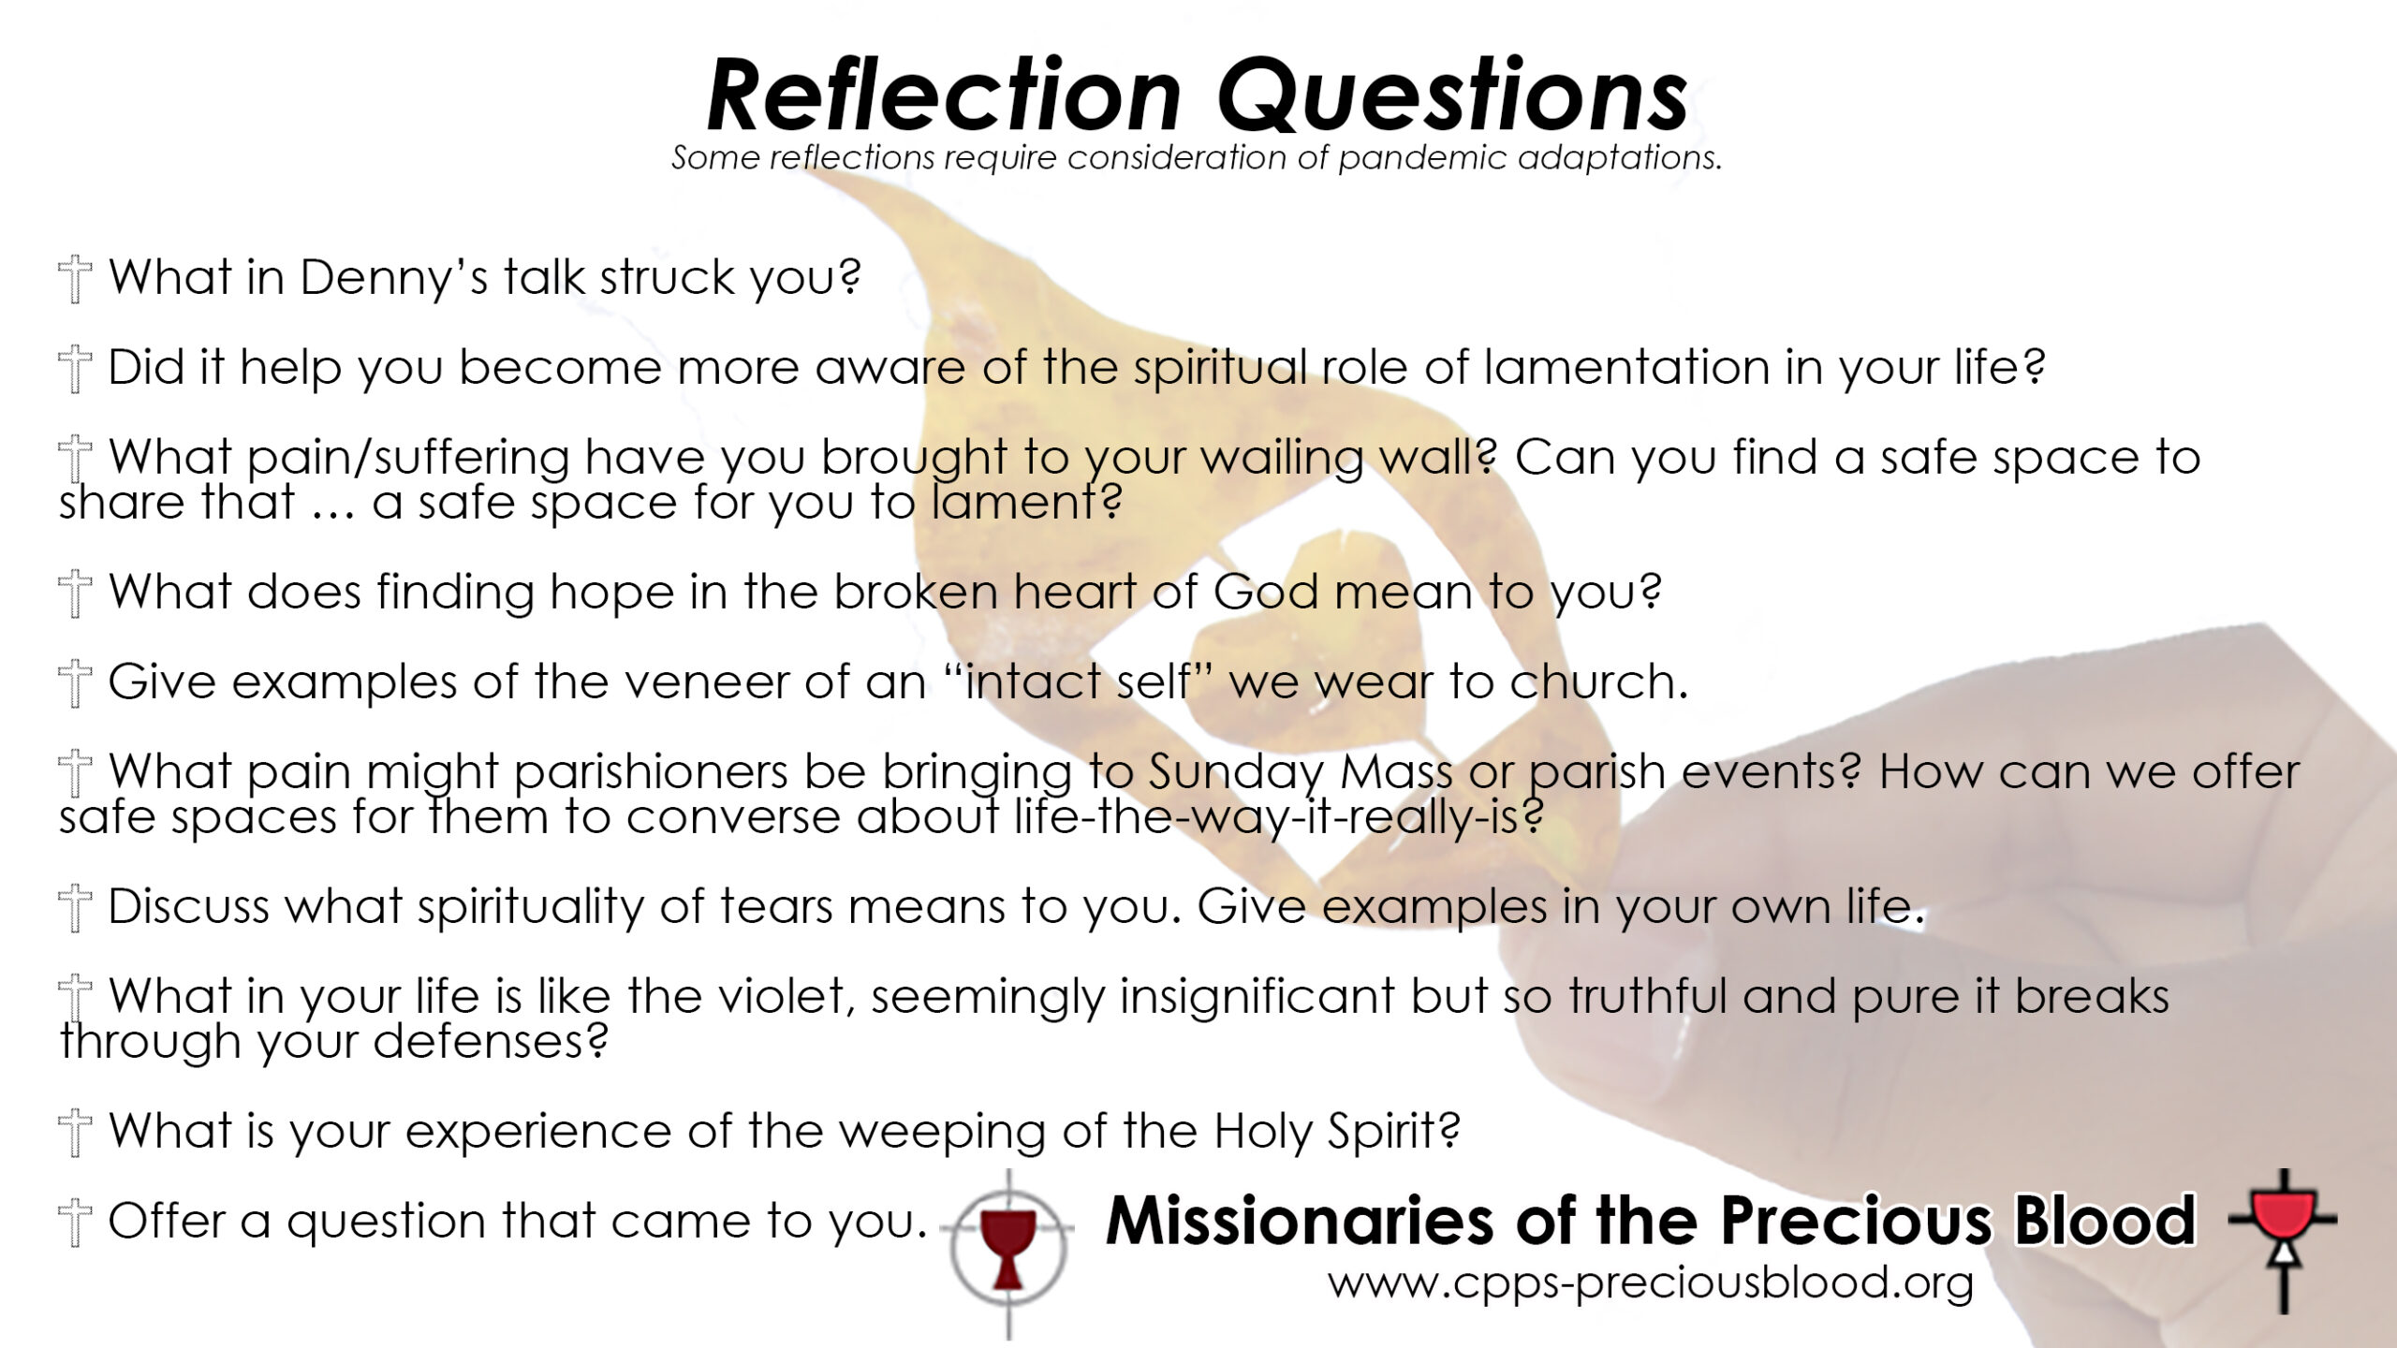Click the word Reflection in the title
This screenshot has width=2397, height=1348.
click(944, 95)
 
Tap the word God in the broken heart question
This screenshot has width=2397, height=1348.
click(1266, 592)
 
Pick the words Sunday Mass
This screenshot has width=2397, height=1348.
click(1301, 773)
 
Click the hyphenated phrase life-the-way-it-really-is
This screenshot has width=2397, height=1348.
click(1279, 818)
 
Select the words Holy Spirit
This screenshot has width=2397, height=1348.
click(1337, 1133)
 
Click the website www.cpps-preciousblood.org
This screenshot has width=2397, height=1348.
click(1651, 1283)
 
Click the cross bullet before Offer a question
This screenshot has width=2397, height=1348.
click(75, 1223)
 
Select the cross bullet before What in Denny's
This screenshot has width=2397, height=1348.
click(75, 280)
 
